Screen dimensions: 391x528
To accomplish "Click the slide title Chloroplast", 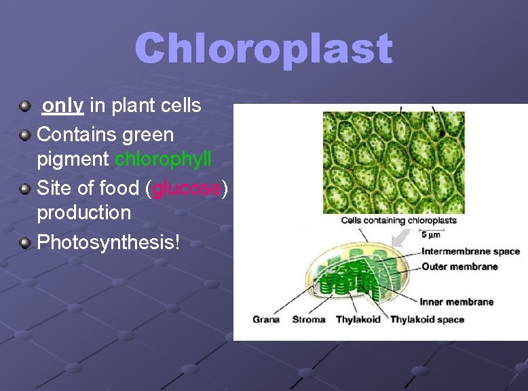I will (x=263, y=49).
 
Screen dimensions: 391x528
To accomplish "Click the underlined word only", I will (x=63, y=106).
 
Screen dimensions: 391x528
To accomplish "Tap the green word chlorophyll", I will (x=163, y=160).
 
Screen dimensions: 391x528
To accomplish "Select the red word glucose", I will (x=187, y=188).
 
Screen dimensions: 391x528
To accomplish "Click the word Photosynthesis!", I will (x=109, y=242).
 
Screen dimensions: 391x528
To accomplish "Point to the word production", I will (x=83, y=212).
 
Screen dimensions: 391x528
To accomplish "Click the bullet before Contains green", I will (x=25, y=135).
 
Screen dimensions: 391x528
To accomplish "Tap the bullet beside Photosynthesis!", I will (x=25, y=242).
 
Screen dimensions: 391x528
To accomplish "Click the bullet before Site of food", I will (x=25, y=188).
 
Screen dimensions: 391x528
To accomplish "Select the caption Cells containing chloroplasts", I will (x=398, y=220).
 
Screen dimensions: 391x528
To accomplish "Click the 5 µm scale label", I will (x=431, y=235).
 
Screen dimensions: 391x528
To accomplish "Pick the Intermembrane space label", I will (x=470, y=252).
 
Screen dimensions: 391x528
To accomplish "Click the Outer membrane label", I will (x=459, y=267).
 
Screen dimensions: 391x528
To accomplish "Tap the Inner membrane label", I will (x=456, y=302).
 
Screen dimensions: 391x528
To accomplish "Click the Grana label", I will (x=266, y=320).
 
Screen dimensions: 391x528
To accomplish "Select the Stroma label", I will (x=308, y=320).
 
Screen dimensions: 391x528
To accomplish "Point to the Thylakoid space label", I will (x=428, y=320).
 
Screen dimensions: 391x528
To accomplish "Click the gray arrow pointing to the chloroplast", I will (x=400, y=238).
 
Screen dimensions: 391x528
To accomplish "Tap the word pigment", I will (x=73, y=160).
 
